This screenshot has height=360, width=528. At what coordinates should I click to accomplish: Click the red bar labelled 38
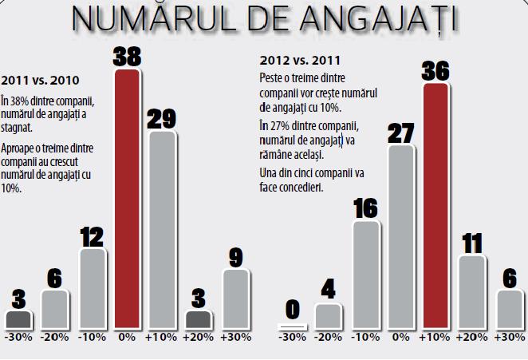[128, 200]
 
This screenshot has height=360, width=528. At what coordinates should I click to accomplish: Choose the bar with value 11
[473, 292]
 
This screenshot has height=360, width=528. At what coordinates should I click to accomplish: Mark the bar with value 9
[236, 299]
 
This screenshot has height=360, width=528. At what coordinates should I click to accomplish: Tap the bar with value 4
[328, 316]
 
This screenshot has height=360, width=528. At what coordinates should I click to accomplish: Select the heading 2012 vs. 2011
[293, 59]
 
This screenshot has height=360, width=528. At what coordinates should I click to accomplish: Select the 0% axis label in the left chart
[128, 338]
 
